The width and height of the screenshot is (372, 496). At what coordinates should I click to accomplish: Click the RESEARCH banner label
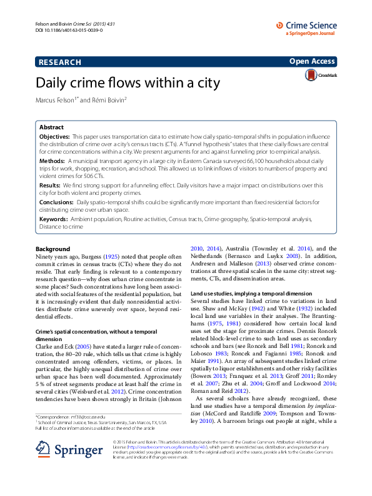tap(59, 62)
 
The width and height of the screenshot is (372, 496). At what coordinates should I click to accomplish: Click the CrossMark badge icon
tap(311, 75)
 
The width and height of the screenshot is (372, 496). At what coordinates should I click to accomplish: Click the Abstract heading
tap(51, 127)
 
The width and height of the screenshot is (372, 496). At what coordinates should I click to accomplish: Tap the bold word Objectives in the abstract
tap(54, 136)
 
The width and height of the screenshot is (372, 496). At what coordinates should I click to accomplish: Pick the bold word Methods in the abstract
tap(53, 161)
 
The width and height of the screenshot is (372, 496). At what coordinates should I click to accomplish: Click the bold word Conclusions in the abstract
tap(56, 202)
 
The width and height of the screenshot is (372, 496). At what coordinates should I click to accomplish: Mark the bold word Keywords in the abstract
tap(54, 219)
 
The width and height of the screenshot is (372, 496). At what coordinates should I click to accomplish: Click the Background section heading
tap(53, 249)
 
